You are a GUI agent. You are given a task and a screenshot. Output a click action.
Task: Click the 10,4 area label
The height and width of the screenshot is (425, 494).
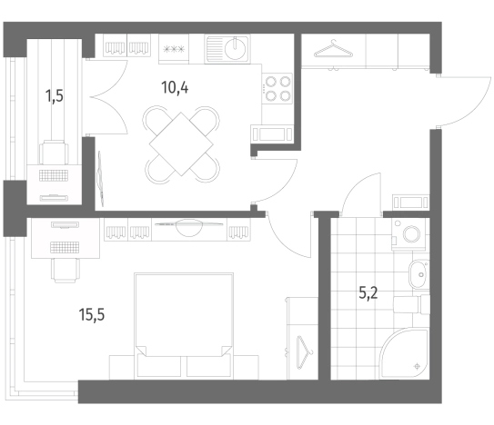pyautogui.click(x=175, y=87)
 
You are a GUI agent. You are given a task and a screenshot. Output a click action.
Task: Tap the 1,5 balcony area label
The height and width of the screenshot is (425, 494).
pyautogui.click(x=55, y=96)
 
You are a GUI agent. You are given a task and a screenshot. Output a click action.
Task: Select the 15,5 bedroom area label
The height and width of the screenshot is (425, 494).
pyautogui.click(x=92, y=314)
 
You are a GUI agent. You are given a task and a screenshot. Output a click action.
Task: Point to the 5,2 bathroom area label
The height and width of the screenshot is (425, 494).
pyautogui.click(x=368, y=293)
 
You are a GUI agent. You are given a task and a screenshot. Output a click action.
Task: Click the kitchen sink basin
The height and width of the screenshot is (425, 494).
pyautogui.click(x=236, y=48)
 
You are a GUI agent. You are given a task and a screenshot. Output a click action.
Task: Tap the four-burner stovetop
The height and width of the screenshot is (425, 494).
pyautogui.click(x=277, y=89)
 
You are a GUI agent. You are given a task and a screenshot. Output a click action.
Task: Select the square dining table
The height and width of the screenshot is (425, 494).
pyautogui.click(x=181, y=144)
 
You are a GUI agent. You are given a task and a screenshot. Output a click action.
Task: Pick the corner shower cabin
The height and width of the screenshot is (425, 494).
pyautogui.click(x=404, y=353)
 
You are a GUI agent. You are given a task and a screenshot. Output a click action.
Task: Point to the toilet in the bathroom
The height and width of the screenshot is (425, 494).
pyautogui.click(x=412, y=304)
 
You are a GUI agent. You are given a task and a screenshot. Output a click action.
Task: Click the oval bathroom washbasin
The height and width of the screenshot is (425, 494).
pyautogui.click(x=419, y=274)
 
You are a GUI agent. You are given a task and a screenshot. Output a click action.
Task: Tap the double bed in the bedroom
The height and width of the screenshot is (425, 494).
pyautogui.click(x=184, y=326)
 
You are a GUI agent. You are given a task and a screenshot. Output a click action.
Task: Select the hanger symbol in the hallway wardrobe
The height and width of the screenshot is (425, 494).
pyautogui.click(x=333, y=49)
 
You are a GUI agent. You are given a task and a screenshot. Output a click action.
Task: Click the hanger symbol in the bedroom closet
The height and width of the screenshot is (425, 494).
pyautogui.click(x=303, y=351)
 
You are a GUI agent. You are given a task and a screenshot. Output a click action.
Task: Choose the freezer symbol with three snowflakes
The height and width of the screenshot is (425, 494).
pyautogui.click(x=174, y=49)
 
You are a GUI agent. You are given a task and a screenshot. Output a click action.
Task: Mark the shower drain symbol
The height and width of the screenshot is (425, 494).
pyautogui.click(x=418, y=366)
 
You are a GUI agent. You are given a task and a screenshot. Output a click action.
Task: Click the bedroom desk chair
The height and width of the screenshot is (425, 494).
pyautogui.click(x=66, y=271)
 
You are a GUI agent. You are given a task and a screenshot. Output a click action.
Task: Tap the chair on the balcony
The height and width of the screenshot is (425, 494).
pyautogui.click(x=54, y=152)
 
